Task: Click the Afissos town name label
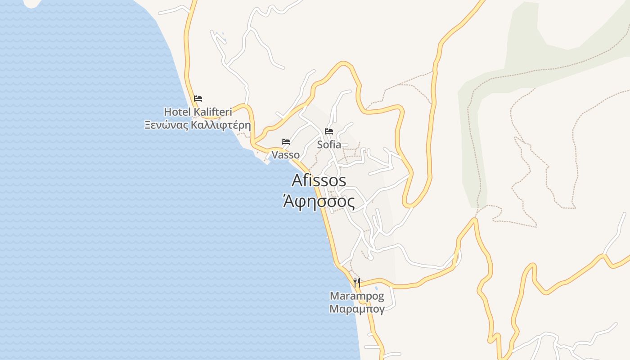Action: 319,180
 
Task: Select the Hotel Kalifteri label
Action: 198,112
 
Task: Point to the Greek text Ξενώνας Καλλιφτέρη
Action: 198,125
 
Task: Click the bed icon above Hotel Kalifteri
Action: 198,98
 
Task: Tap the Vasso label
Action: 285,155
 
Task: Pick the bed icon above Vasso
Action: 286,141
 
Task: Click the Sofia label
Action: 329,145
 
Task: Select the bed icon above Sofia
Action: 329,131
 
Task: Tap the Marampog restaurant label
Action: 357,296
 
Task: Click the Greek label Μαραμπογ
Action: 357,309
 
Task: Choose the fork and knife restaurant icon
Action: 357,283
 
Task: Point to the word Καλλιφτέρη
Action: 221,125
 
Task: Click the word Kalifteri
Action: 212,112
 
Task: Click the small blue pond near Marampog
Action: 376,288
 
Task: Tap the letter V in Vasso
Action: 274,155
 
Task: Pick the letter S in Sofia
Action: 320,145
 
